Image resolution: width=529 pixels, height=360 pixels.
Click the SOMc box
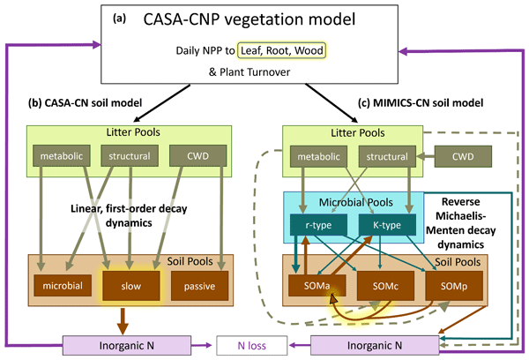[x=384, y=284]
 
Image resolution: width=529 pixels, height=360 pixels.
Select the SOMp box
[x=449, y=284]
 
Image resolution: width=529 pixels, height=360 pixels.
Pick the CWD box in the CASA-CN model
[x=201, y=158]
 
